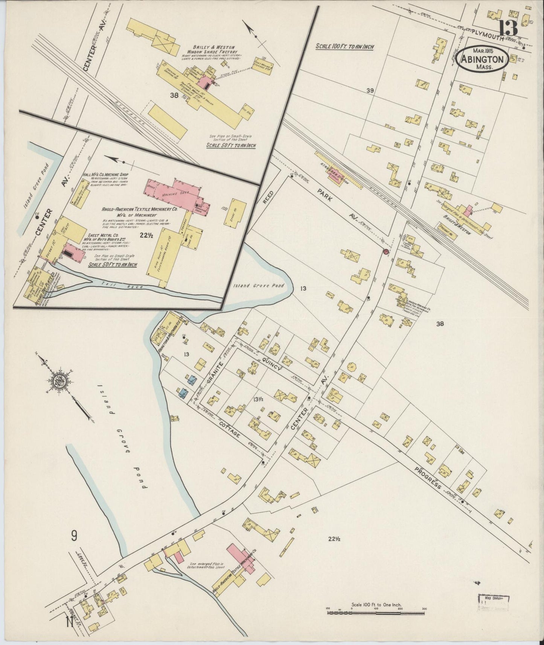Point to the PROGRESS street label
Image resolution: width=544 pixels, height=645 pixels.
(428, 478)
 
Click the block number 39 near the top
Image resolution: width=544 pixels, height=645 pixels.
(370, 90)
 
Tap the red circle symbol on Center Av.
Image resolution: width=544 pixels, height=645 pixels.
(385, 251)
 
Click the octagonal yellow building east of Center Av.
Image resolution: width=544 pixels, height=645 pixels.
(351, 367)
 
